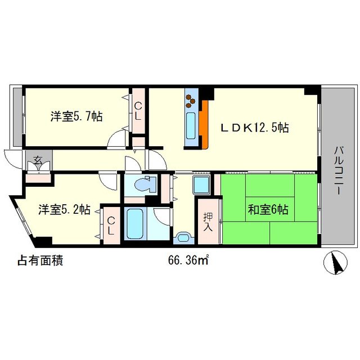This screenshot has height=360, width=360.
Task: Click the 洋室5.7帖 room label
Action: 76,117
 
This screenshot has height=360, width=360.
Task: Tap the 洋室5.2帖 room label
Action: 64,210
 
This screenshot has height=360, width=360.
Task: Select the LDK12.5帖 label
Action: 254,128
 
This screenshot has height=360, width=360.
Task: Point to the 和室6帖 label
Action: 268,210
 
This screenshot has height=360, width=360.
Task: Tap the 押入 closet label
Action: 206,220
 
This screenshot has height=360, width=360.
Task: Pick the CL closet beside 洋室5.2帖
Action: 111,224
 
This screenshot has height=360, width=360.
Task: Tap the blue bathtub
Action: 136,224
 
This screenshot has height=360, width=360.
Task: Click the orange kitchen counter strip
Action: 205,124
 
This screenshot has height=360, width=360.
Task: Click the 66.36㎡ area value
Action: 189,260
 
